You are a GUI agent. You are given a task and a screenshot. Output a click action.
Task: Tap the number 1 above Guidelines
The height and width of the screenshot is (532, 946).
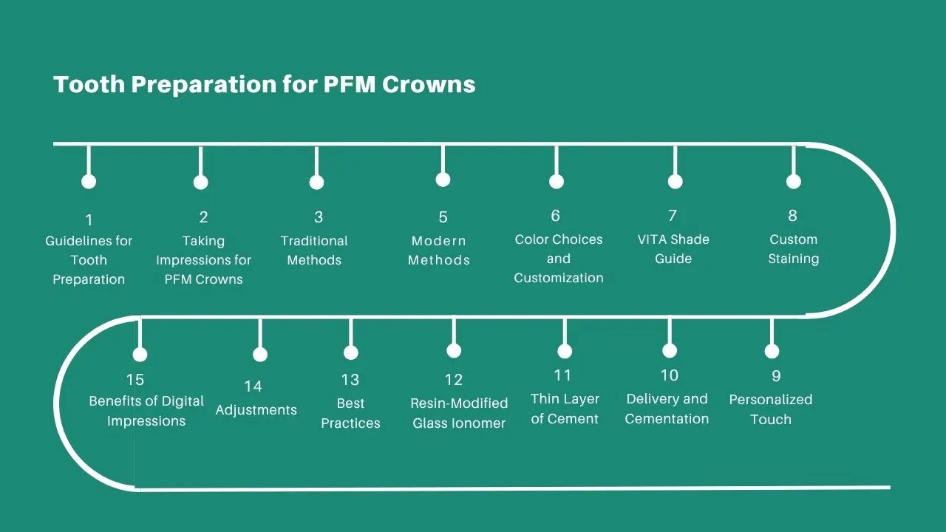(89, 220)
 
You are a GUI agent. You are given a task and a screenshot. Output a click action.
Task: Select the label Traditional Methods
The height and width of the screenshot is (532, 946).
(314, 250)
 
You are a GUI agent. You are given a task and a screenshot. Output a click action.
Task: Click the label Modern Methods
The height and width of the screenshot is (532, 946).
(439, 250)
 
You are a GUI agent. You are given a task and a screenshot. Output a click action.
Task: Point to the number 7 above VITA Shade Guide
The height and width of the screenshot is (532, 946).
(673, 216)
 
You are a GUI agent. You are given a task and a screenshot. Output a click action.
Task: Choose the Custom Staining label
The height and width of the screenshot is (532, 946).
(793, 249)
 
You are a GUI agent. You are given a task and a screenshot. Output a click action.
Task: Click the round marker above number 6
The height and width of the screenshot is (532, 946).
(557, 181)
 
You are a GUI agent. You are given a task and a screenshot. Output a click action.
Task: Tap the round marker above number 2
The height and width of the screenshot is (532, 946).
(200, 182)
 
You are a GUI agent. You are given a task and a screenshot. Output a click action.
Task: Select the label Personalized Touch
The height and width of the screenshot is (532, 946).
(771, 409)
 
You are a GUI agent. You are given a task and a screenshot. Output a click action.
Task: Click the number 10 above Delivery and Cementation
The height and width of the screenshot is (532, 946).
(669, 375)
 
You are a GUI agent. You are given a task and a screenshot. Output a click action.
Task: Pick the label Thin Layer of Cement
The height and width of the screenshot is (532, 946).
(565, 409)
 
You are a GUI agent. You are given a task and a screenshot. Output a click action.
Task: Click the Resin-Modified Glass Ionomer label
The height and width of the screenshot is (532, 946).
(459, 413)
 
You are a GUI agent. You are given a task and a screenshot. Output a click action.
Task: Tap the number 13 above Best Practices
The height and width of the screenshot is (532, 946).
(350, 380)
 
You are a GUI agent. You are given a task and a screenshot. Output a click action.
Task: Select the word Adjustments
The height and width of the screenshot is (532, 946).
(256, 410)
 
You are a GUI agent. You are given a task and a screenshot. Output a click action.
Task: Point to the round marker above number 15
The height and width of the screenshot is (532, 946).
(140, 355)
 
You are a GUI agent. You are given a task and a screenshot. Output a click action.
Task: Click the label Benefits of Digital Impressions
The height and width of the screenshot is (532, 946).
(146, 411)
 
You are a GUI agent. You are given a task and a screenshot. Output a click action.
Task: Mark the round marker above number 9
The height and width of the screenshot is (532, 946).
(772, 351)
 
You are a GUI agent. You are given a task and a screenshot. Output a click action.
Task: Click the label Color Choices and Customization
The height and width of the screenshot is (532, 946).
(559, 259)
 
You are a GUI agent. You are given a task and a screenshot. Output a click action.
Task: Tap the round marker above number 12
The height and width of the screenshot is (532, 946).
(454, 350)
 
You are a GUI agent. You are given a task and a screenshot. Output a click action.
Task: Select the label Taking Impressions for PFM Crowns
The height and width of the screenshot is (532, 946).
(203, 260)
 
